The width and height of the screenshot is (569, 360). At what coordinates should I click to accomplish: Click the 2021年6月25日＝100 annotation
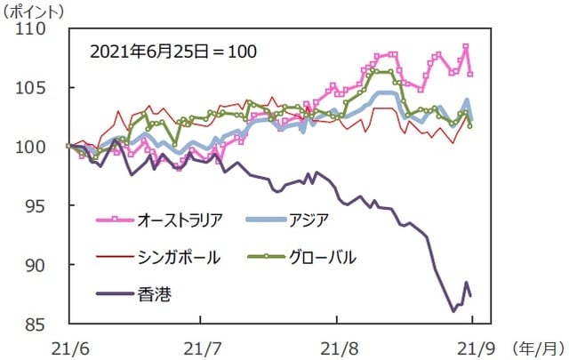pyautogui.click(x=173, y=51)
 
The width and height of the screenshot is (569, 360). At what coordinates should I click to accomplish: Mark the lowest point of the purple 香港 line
pyautogui.click(x=453, y=311)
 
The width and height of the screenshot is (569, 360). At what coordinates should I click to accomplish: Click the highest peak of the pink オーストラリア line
pyautogui.click(x=466, y=46)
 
